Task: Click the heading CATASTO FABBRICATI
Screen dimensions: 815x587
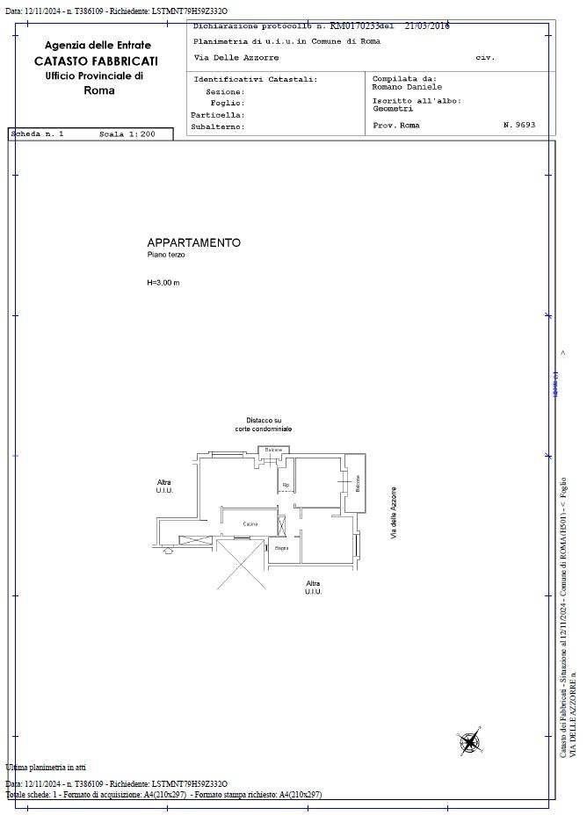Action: (x=97, y=61)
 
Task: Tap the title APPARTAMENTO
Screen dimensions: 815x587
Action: (x=193, y=242)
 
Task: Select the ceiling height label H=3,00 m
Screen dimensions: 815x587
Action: (x=163, y=283)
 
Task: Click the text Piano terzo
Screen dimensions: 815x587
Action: (x=166, y=255)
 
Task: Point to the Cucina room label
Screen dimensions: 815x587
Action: (x=250, y=524)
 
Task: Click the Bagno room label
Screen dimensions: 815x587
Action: (x=281, y=549)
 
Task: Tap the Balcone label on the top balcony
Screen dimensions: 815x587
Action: (x=274, y=450)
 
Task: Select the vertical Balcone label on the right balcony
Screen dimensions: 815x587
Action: (x=358, y=483)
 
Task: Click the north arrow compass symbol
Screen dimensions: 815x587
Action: (x=469, y=742)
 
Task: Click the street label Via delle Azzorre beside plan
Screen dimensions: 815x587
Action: (x=394, y=513)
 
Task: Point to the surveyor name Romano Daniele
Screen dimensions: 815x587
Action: (x=407, y=87)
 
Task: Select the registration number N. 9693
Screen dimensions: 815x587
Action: (x=519, y=126)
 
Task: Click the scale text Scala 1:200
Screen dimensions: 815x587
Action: (x=127, y=134)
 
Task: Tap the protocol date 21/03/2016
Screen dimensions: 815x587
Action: (x=427, y=26)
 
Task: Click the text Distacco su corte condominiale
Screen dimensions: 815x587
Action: (x=264, y=424)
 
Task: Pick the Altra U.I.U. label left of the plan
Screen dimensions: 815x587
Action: (x=164, y=486)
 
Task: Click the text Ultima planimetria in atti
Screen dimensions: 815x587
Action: (x=46, y=767)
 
